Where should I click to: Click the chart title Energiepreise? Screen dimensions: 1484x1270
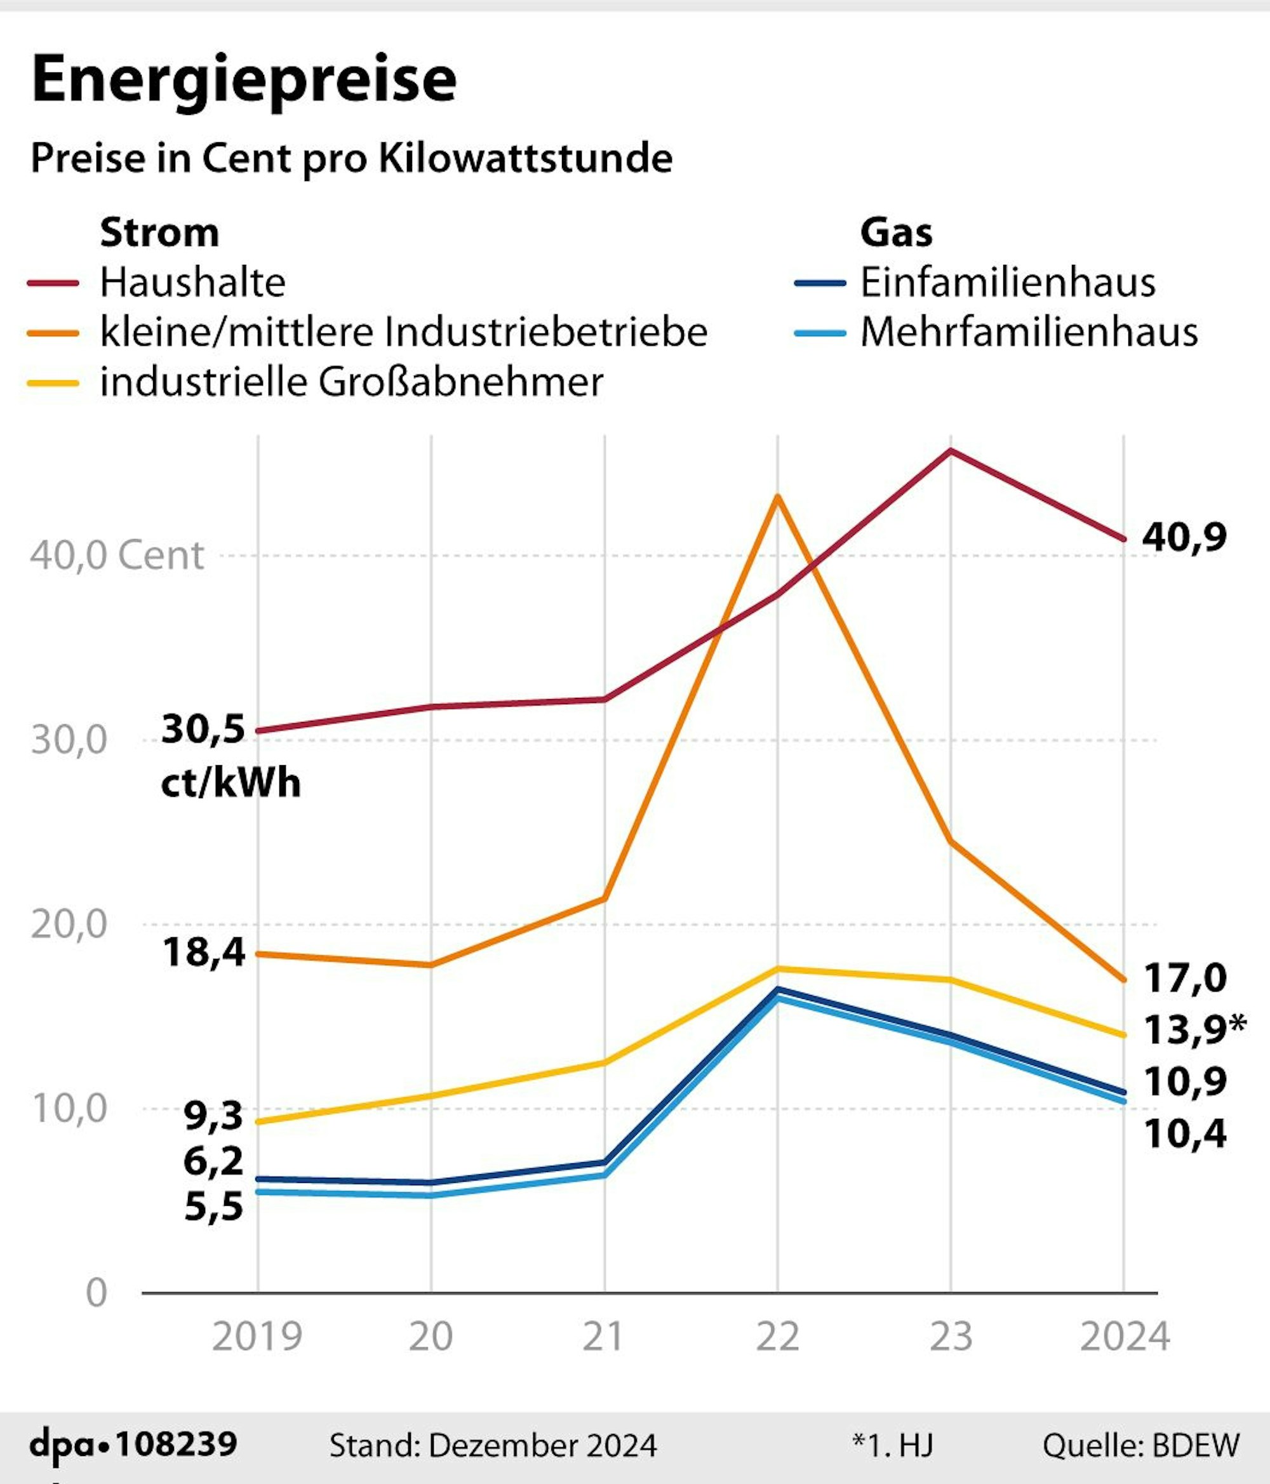[x=244, y=79]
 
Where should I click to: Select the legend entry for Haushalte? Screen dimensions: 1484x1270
[x=192, y=282]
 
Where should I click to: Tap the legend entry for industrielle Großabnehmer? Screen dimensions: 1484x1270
[x=351, y=382]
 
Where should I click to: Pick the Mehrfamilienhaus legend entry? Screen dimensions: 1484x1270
[x=1029, y=331]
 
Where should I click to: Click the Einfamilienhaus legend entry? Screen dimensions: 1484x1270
[x=1007, y=282]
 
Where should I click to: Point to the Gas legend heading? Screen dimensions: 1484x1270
[x=895, y=233]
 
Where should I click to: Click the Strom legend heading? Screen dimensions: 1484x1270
[x=159, y=233]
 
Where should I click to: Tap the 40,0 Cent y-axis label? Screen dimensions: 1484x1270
[x=117, y=555]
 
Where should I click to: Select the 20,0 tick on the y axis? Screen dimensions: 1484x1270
[x=69, y=924]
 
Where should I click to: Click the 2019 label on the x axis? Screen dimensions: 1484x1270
[x=257, y=1337]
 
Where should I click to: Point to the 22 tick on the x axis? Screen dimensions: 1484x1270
[x=777, y=1337]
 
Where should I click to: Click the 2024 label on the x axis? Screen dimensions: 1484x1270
[x=1124, y=1337]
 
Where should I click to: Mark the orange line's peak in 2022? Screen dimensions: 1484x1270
[x=777, y=496]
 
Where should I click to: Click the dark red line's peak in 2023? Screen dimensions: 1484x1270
[x=951, y=450]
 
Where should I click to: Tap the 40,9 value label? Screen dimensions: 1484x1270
[x=1184, y=537]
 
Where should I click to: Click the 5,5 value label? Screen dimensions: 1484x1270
[x=213, y=1207]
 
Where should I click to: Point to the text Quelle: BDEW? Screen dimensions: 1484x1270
[x=1140, y=1445]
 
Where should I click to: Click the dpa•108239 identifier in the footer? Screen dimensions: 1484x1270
[x=133, y=1444]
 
